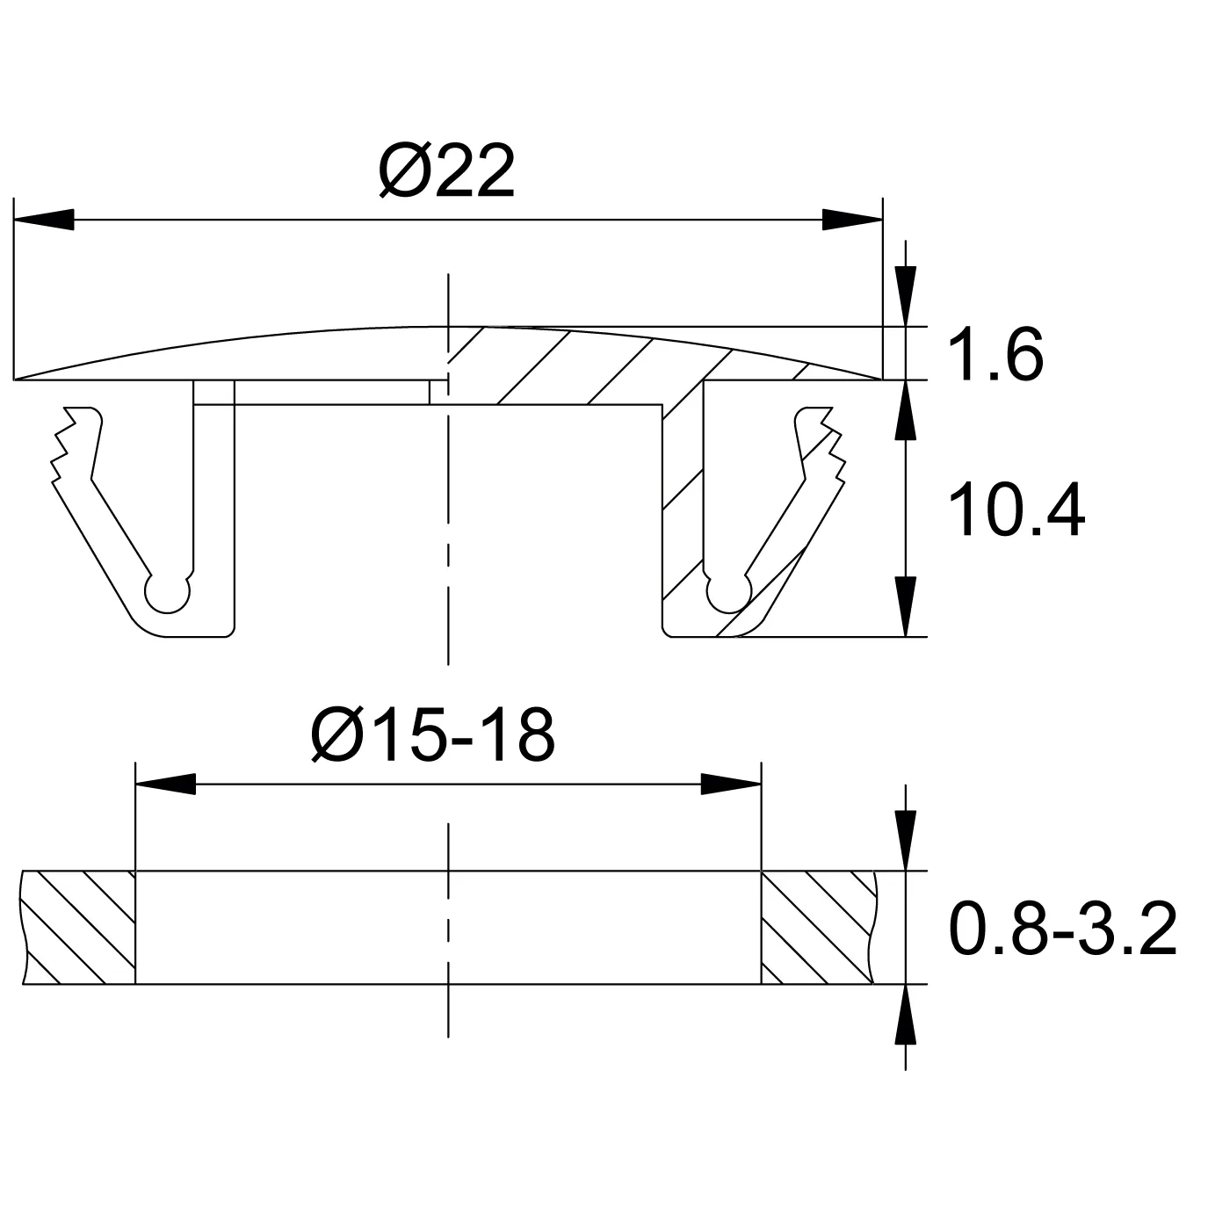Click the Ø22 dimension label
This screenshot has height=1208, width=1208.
447,170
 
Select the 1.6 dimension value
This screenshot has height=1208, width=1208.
995,355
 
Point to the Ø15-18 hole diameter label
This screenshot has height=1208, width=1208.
433,734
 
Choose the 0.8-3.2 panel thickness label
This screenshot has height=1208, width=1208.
1063,929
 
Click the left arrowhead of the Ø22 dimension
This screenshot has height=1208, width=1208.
43,220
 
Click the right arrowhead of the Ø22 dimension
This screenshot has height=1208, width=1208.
852,220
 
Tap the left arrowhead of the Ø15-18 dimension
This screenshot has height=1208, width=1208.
165,784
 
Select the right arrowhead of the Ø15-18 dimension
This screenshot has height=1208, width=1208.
731,784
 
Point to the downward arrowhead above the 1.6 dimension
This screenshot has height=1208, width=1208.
905,296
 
